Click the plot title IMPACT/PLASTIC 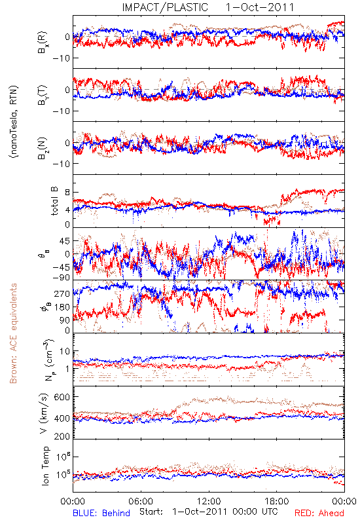[x=165, y=7]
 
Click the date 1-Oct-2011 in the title [x=260, y=7]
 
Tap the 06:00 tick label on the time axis [x=141, y=501]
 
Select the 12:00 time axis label [x=209, y=501]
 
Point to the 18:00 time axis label [x=277, y=501]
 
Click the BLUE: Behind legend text [x=101, y=513]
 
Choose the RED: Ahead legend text [x=319, y=513]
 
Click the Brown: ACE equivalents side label [x=13, y=333]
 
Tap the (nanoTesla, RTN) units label [x=14, y=122]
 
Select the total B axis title [x=54, y=201]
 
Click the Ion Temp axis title [x=45, y=466]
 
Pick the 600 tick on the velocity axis [x=62, y=397]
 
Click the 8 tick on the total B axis [x=67, y=193]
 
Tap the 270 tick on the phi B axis [x=62, y=293]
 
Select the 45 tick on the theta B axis [x=65, y=241]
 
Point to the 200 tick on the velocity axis [x=62, y=436]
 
